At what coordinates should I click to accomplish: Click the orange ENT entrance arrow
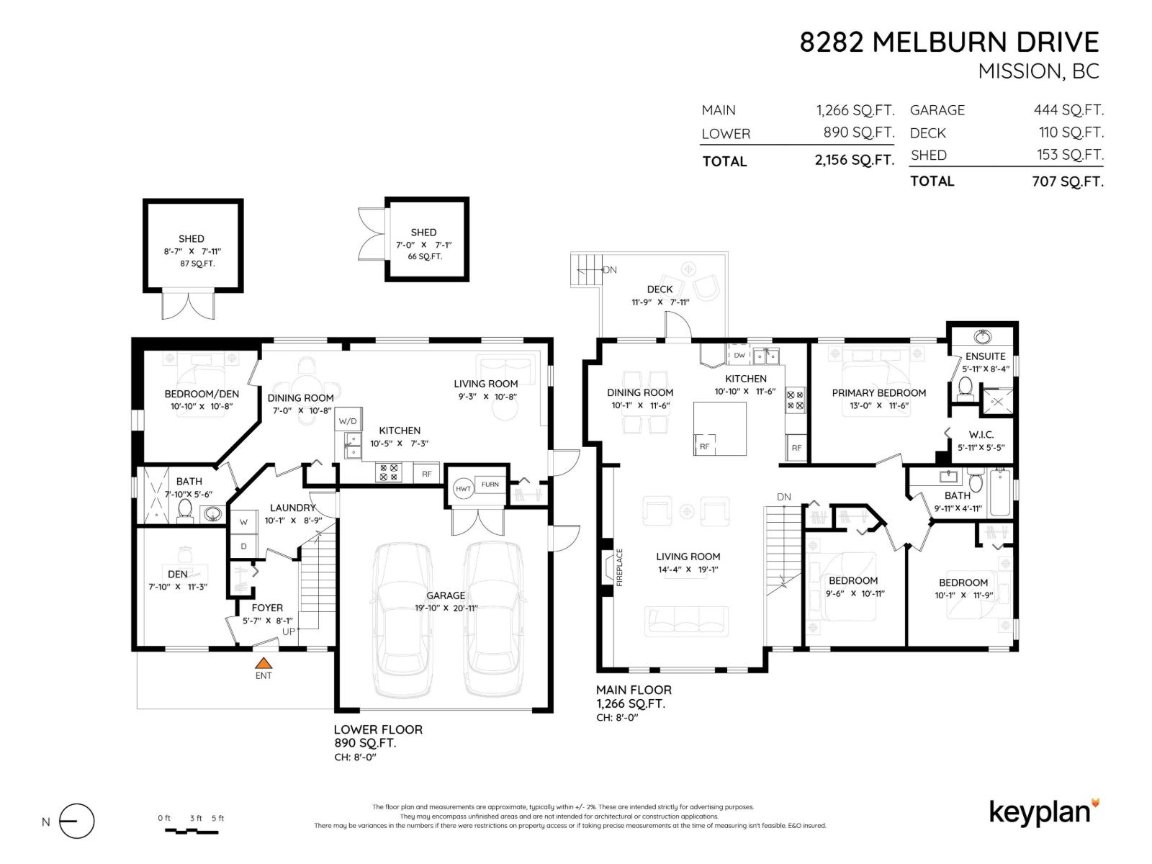(x=264, y=663)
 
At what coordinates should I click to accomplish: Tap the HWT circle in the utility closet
(x=463, y=489)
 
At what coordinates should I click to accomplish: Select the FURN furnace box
(x=490, y=485)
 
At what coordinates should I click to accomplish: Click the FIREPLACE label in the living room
(x=619, y=567)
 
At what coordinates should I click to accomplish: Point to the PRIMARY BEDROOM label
(x=878, y=393)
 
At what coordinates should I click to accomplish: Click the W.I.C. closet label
(x=981, y=435)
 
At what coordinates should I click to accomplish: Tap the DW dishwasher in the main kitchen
(x=739, y=356)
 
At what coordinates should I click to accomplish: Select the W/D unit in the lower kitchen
(x=348, y=420)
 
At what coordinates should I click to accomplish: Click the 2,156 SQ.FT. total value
(x=854, y=161)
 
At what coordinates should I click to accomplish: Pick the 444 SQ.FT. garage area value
(x=1068, y=110)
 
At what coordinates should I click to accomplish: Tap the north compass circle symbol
(x=76, y=822)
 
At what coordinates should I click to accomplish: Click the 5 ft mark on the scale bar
(x=217, y=819)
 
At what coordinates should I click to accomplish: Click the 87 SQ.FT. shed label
(x=197, y=264)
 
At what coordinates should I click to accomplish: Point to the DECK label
(x=660, y=289)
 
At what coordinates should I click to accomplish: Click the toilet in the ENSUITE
(x=966, y=388)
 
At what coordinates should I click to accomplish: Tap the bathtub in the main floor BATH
(x=1000, y=492)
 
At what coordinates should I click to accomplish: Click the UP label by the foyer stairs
(x=289, y=631)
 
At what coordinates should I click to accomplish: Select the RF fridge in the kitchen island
(x=704, y=446)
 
